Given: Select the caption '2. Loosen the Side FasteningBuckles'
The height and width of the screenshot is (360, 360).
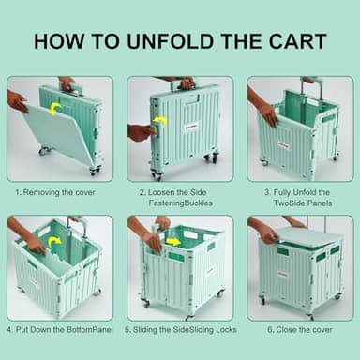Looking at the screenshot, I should click(x=179, y=198).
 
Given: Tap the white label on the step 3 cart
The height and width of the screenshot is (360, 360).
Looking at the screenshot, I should click(x=283, y=144).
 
